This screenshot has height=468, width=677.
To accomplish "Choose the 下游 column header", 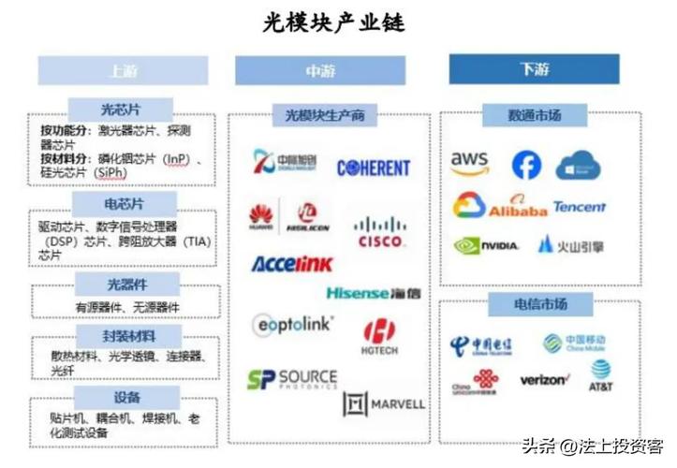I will coord(534,69).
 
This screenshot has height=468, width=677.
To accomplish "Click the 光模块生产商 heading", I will coord(324,116).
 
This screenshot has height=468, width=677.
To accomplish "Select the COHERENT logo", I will coord(374,168).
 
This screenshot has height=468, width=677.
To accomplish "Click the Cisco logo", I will coord(380,231).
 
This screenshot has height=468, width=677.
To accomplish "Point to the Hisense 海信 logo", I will coord(373,293).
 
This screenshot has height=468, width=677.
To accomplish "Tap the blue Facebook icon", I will coord(526,166).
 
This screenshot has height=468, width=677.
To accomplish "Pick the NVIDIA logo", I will coord(486,246).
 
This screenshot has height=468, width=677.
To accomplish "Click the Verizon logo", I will coord(544,380).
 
